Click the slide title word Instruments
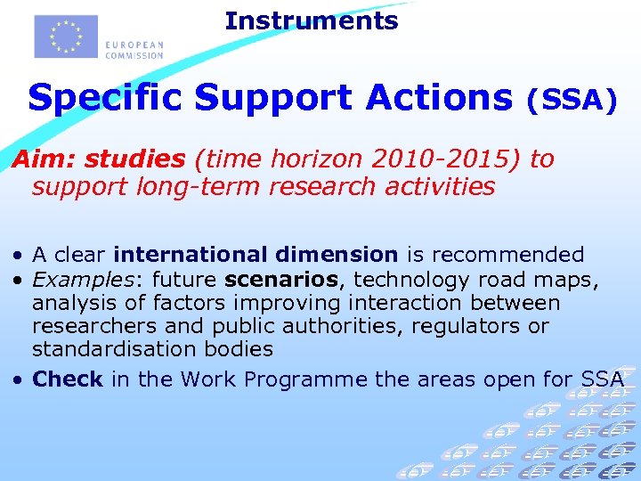pyautogui.click(x=312, y=20)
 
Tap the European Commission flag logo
pyautogui.click(x=65, y=37)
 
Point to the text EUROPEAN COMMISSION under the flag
pyautogui.click(x=134, y=49)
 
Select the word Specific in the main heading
pyautogui.click(x=105, y=97)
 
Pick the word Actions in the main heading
pyautogui.click(x=429, y=97)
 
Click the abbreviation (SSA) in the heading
pyautogui.click(x=572, y=101)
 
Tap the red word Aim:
pyautogui.click(x=43, y=159)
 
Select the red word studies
pyautogui.click(x=134, y=159)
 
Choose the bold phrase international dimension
pyautogui.click(x=256, y=256)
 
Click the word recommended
pyautogui.click(x=507, y=256)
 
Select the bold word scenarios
pyautogui.click(x=282, y=280)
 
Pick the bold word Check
pyautogui.click(x=68, y=379)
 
